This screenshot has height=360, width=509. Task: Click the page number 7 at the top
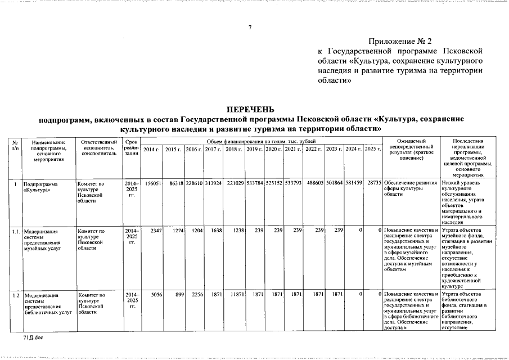click(250, 28)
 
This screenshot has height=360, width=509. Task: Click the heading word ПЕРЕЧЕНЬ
click(251, 109)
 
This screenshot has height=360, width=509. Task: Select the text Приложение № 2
click(400, 41)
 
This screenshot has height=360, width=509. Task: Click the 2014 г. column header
click(151, 149)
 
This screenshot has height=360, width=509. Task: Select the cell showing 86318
click(174, 183)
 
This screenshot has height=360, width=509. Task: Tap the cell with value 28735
click(375, 183)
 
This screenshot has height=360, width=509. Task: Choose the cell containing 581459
click(353, 183)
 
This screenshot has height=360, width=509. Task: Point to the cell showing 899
click(179, 294)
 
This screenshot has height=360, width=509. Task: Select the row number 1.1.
click(17, 231)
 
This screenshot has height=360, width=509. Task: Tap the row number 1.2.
click(17, 294)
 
